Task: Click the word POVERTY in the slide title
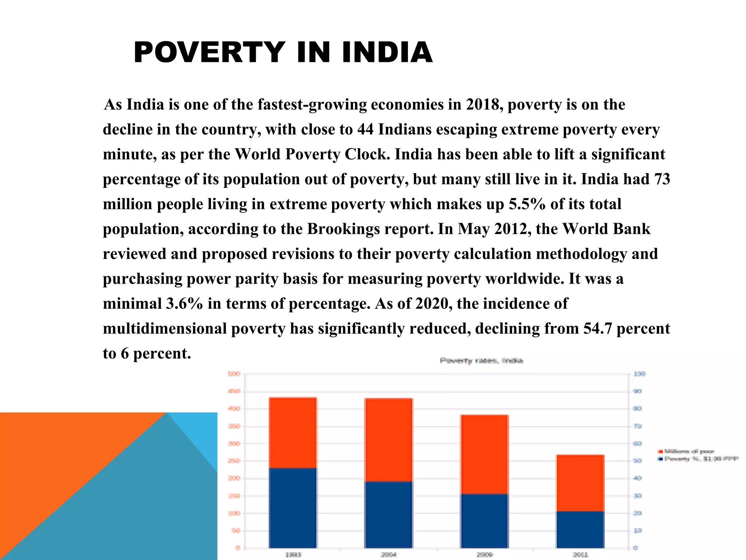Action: [209, 52]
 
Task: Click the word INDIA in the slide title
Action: [387, 52]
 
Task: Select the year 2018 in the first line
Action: [482, 105]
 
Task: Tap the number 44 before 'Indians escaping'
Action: [365, 129]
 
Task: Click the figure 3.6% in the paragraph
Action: [184, 304]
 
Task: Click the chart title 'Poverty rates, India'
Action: [481, 361]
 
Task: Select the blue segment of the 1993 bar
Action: [293, 507]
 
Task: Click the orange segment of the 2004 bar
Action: [389, 440]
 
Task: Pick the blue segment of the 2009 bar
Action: [484, 521]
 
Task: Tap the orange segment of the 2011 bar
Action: [580, 483]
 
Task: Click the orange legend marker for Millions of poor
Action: [660, 452]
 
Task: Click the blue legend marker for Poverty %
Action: [660, 459]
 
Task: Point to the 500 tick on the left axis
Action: [234, 374]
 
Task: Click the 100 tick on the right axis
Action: [640, 374]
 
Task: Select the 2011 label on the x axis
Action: [580, 555]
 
